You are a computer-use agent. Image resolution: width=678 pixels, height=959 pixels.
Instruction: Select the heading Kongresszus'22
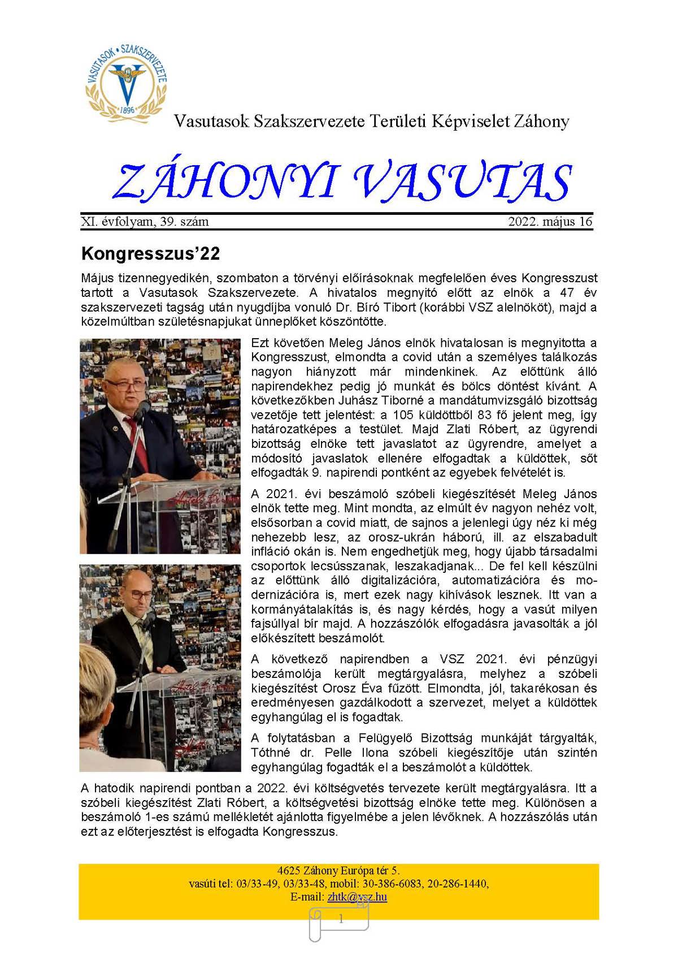pyautogui.click(x=150, y=254)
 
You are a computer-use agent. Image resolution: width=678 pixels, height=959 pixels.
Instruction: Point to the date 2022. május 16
pyautogui.click(x=550, y=222)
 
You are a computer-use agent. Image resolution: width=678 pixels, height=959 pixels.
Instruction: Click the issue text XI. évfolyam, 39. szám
pyautogui.click(x=145, y=222)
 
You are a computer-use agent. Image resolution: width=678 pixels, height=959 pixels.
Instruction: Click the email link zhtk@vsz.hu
pyautogui.click(x=357, y=897)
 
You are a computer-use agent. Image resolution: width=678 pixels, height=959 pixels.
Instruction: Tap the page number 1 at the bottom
pyautogui.click(x=341, y=919)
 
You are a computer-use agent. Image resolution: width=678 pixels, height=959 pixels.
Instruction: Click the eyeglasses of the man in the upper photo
pyautogui.click(x=125, y=386)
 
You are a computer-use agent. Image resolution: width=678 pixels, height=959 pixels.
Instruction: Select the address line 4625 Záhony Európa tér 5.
pyautogui.click(x=338, y=871)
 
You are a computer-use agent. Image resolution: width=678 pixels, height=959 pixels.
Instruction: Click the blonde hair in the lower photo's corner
pyautogui.click(x=96, y=746)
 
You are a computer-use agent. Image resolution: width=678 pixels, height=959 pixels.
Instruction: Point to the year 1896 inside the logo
pyautogui.click(x=127, y=110)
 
